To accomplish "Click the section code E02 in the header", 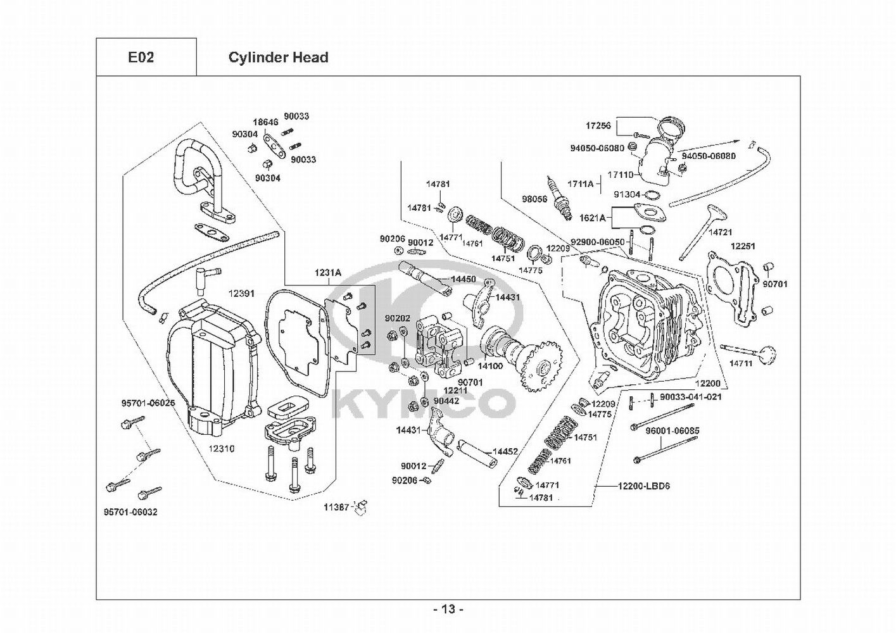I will (x=141, y=58).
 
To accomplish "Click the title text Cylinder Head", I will (x=278, y=58).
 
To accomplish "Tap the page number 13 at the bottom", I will (x=448, y=610).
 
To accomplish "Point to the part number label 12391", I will (x=242, y=294).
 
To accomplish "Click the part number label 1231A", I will (x=328, y=273).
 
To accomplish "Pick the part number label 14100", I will (x=490, y=366).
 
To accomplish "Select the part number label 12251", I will (x=743, y=246).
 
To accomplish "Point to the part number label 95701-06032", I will (x=130, y=512).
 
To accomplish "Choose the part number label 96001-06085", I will (x=672, y=431).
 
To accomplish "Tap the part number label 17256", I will (x=598, y=125).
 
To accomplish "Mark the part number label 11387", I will (x=336, y=507).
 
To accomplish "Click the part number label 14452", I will (x=505, y=451).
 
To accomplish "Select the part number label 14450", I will (x=463, y=279).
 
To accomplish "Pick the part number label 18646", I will (x=266, y=122).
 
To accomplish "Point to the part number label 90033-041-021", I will (x=690, y=397).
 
